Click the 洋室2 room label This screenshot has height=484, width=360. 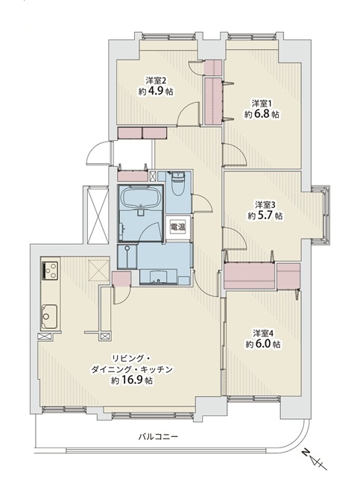click(x=156, y=81)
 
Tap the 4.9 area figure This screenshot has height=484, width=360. click(x=156, y=92)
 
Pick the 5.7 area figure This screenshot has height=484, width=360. click(x=265, y=216)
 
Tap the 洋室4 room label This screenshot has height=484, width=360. click(x=264, y=333)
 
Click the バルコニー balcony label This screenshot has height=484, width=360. click(x=158, y=437)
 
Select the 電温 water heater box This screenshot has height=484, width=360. click(x=177, y=227)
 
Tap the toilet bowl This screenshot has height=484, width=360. click(x=177, y=183)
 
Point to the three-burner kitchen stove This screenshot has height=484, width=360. click(x=50, y=271)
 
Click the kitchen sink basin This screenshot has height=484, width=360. click(x=49, y=315)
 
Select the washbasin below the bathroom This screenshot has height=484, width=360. click(x=158, y=277)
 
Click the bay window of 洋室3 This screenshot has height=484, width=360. click(x=320, y=215)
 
